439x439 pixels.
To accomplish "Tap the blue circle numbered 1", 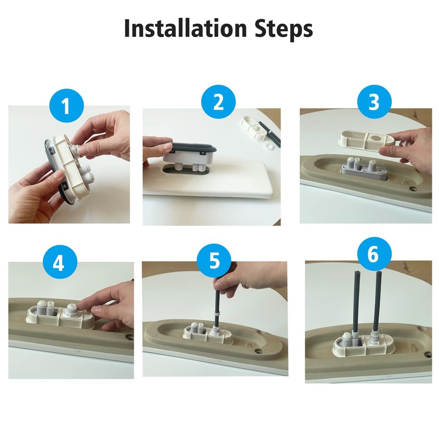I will (x=66, y=105).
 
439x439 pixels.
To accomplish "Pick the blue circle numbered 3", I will (x=373, y=103).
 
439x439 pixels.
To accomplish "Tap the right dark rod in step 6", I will (x=378, y=302).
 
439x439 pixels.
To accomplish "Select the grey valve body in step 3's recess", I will (x=362, y=170).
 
